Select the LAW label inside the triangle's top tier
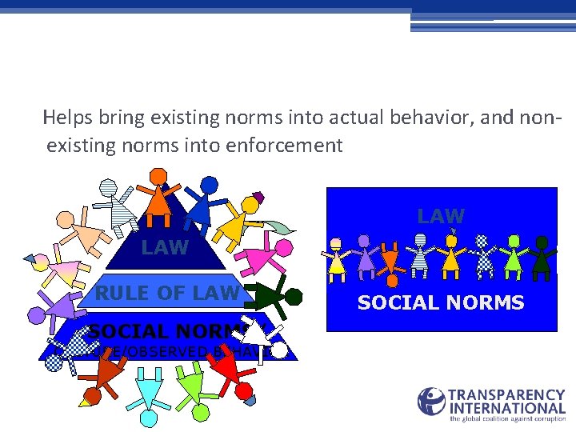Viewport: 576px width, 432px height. tap(165, 248)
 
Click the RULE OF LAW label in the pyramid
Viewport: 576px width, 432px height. tap(166, 294)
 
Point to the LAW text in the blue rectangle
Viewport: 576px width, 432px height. tap(440, 216)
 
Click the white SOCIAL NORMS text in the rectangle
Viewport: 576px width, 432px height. tap(440, 303)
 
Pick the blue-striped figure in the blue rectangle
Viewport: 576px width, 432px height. tap(420, 254)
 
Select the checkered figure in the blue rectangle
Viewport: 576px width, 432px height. tap(482, 254)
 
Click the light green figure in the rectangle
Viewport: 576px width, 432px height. tap(513, 254)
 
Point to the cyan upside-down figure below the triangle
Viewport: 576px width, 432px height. tap(149, 388)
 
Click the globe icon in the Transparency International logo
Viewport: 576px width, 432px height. tap(431, 402)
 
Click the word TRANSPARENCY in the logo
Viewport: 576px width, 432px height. tap(507, 395)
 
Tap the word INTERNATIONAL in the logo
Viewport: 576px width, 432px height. tap(507, 407)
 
